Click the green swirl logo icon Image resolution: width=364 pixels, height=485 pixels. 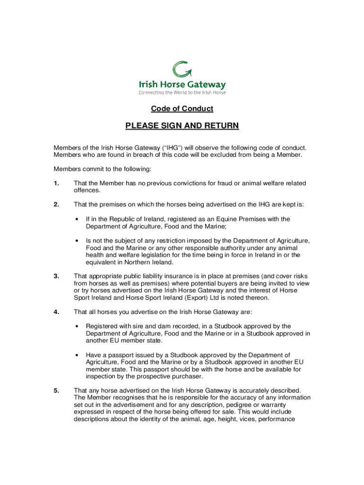pos(182,70)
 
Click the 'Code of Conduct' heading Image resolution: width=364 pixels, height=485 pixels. pos(182,109)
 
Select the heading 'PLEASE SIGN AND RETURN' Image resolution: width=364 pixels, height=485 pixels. pos(182,126)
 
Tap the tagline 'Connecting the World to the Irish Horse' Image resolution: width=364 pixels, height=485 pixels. pos(182,93)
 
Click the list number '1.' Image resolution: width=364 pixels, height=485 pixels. pos(56,183)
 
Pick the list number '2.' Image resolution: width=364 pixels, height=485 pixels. pos(56,205)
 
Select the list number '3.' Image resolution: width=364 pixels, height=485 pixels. pos(56,276)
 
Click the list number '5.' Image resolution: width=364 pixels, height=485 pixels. pos(56,391)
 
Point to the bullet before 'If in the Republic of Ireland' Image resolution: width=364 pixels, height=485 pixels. pos(77,219)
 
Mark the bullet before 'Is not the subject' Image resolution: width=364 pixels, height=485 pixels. pos(77,241)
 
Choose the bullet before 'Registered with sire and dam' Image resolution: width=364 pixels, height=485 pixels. pos(77,326)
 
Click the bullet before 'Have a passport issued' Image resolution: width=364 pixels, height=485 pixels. pos(77,355)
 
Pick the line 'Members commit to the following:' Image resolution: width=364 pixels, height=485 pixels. pos(102,169)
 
